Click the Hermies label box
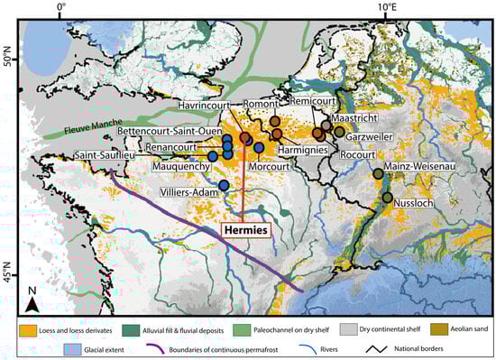[x=246, y=230]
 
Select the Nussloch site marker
[x=387, y=198]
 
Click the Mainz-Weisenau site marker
[x=379, y=174]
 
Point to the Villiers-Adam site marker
[x=223, y=186]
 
